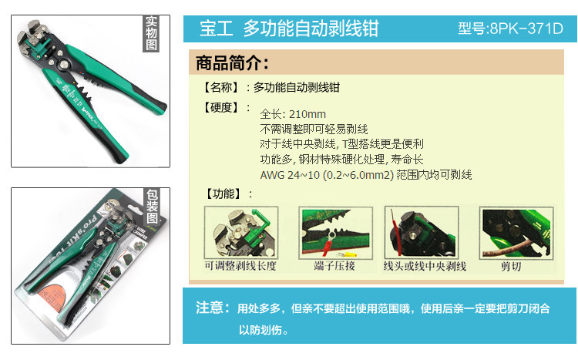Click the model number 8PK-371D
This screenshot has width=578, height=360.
click(526, 29)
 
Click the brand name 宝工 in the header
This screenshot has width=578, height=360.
click(216, 29)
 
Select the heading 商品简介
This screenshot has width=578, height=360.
click(232, 62)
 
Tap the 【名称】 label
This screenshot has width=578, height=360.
click(221, 87)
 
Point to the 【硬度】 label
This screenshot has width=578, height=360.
click(221, 107)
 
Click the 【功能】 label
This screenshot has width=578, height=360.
click(223, 193)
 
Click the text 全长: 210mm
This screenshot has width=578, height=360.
click(293, 114)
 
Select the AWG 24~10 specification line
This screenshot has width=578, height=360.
click(366, 174)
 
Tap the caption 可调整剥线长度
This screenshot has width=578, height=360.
click(240, 266)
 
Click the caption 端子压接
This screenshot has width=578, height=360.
click(334, 266)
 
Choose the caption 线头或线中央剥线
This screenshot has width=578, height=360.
click(425, 266)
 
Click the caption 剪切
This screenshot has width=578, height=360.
click(511, 266)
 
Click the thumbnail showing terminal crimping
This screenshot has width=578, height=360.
click(335, 233)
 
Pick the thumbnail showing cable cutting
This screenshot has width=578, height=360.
click(516, 233)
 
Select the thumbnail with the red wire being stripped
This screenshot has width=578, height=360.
click(422, 233)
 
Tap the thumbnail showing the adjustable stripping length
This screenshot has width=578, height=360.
click(241, 233)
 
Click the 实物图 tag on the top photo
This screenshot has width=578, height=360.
click(151, 33)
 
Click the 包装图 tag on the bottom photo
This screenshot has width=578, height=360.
click(153, 207)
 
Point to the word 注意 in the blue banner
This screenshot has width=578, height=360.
click(210, 308)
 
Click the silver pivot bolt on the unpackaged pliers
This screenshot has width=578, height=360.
click(64, 66)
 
